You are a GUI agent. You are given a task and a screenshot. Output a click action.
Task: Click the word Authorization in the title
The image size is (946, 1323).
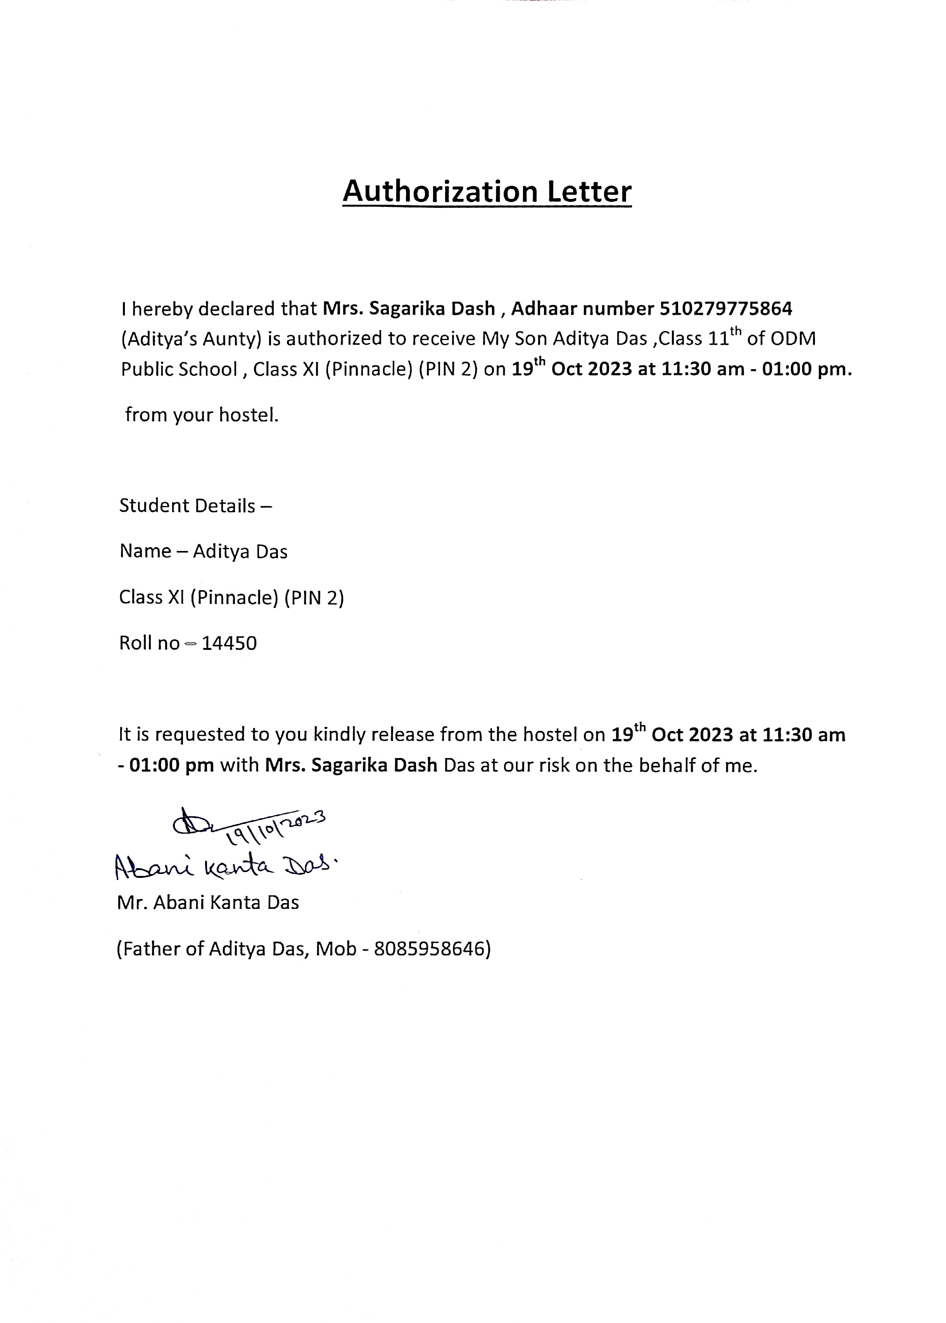(x=440, y=191)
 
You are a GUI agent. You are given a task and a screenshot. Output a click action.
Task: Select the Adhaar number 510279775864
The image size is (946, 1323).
(x=726, y=308)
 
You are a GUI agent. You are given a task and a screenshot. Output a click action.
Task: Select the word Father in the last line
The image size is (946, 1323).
(x=152, y=949)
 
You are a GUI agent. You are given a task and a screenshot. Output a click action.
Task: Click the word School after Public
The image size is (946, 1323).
(x=208, y=369)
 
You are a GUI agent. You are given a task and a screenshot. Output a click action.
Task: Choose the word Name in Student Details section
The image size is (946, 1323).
(x=146, y=551)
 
